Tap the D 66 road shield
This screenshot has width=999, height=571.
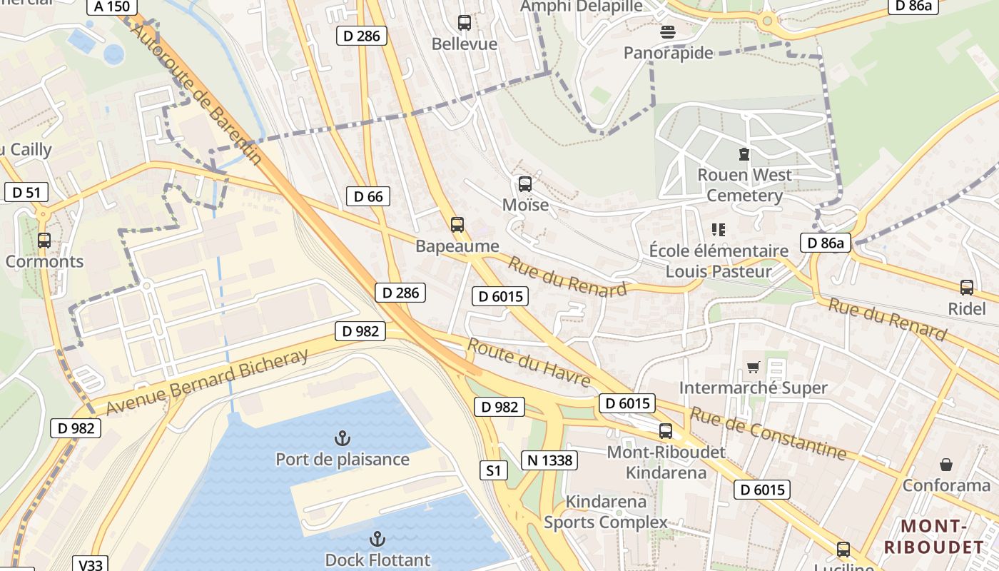pos(368,196)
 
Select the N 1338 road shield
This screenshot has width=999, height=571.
pos(548,460)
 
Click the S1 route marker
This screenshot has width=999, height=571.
pos(494,470)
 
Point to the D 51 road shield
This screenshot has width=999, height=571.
pos(26,192)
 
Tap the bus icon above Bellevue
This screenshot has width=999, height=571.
pos(465,23)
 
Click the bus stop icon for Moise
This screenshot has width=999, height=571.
pos(525,184)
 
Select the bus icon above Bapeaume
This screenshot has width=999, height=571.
pos(457,225)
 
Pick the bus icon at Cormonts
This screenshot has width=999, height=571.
pos(44,241)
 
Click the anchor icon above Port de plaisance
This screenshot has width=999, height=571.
pos(343,437)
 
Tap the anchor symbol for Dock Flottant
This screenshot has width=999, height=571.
pos(377,539)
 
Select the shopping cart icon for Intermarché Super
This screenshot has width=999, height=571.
pos(753,368)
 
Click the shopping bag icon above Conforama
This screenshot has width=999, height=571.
pos(946,465)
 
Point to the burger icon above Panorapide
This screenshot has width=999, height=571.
pos(669,31)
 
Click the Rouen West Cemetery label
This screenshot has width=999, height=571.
pos(744,185)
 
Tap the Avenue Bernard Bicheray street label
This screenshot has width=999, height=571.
pos(207,382)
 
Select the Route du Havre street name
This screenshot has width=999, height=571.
pos(529,363)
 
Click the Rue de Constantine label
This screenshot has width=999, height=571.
pos(767,433)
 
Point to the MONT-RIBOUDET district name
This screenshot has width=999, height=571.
pos(933,537)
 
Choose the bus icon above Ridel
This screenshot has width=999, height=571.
pos(967,288)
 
